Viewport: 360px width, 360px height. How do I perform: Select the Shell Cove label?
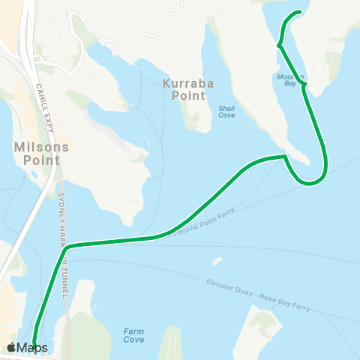tap(226, 112)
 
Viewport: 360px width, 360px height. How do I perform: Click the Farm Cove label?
tap(133, 335)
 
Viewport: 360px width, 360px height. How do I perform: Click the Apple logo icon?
tap(11, 347)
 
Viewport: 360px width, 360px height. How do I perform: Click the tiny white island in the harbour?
tap(217, 261)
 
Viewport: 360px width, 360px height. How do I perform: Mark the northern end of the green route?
tap(301, 12)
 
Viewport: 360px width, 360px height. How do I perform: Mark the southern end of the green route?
tap(34, 346)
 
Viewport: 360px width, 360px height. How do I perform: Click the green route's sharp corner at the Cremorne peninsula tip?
tap(285, 157)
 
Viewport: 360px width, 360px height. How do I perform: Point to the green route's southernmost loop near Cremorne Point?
tap(310, 182)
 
